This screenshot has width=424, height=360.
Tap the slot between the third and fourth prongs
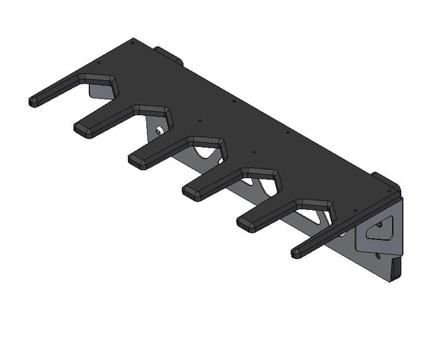click(208, 158)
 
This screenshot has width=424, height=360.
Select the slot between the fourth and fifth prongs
click(263, 189)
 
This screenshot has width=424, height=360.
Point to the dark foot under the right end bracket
click(396, 269)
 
